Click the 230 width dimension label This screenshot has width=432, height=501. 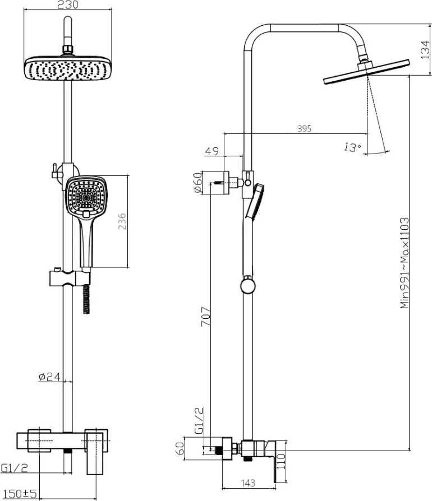click(67, 4)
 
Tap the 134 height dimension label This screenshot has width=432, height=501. click(425, 49)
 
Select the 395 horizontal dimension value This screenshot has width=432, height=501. click(305, 128)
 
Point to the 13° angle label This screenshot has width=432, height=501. click(352, 147)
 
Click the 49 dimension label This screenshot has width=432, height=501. click(212, 151)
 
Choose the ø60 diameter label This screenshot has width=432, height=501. click(198, 183)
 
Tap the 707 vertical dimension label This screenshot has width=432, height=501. click(205, 316)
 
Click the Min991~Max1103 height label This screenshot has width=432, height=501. click(405, 263)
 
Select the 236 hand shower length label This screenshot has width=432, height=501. click(122, 221)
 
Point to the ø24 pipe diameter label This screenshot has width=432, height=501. click(49, 377)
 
